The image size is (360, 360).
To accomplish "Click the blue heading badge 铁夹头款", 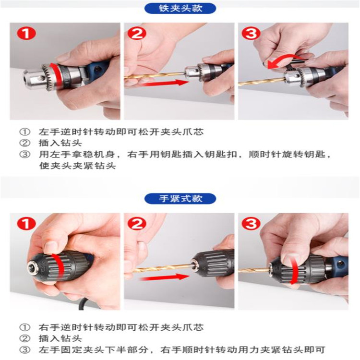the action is pyautogui.click(x=180, y=9).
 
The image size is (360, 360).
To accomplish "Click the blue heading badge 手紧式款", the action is pyautogui.click(x=180, y=199).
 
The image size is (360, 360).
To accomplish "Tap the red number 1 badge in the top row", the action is pyautogui.click(x=26, y=33).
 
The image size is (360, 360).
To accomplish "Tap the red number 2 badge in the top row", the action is pyautogui.click(x=137, y=33).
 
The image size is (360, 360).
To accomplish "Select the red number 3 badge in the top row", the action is pyautogui.click(x=251, y=33).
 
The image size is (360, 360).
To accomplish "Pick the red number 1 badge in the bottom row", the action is pyautogui.click(x=26, y=223).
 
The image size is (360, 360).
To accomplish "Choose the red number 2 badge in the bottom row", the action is pyautogui.click(x=137, y=223).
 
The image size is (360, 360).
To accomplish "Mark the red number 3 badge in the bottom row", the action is pyautogui.click(x=251, y=223).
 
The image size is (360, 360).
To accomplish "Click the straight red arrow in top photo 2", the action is pyautogui.click(x=164, y=83).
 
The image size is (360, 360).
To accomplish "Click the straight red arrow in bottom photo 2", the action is pyautogui.click(x=164, y=277).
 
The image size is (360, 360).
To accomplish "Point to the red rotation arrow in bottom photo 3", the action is pyautogui.click(x=293, y=269).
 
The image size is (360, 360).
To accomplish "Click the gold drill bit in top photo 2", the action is pyautogui.click(x=155, y=76).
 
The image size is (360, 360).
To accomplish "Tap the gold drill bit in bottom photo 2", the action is pyautogui.click(x=164, y=268).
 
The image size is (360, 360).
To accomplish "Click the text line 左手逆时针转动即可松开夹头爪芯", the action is pyautogui.click(x=121, y=132).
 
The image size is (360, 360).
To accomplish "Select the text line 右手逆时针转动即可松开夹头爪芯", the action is pyautogui.click(x=121, y=327).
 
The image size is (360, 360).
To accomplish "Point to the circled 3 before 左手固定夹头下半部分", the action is pyautogui.click(x=24, y=350).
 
